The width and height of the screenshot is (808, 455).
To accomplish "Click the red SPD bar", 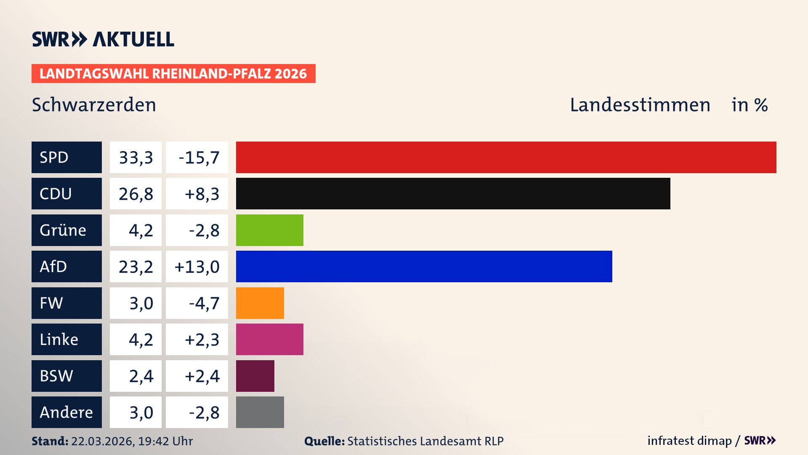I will (x=506, y=157).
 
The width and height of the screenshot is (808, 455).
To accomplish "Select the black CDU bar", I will (x=453, y=194).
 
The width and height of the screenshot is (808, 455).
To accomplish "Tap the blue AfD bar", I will (x=424, y=267).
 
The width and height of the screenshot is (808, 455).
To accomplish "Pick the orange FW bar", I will (x=260, y=303).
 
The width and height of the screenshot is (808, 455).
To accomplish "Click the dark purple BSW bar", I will (x=255, y=376).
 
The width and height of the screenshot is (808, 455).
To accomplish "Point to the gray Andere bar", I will (x=260, y=412).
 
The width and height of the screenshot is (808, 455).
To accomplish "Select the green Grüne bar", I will (x=269, y=230).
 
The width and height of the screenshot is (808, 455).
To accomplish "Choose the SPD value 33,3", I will (x=136, y=158).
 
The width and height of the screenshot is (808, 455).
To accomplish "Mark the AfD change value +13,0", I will (x=197, y=267).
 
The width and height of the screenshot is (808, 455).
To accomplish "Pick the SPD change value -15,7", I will (x=199, y=158).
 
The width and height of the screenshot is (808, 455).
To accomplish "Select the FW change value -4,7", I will (x=204, y=303).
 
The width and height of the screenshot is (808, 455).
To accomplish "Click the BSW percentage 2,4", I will (x=141, y=376).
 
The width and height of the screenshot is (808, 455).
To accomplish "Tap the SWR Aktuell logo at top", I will (x=103, y=39).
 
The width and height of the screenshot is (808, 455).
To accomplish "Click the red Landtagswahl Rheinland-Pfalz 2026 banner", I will (x=173, y=74).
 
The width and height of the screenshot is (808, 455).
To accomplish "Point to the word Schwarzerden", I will (x=94, y=105).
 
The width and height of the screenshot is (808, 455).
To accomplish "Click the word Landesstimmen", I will (x=640, y=105).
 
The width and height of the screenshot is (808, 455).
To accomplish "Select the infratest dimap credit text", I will (x=689, y=441).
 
